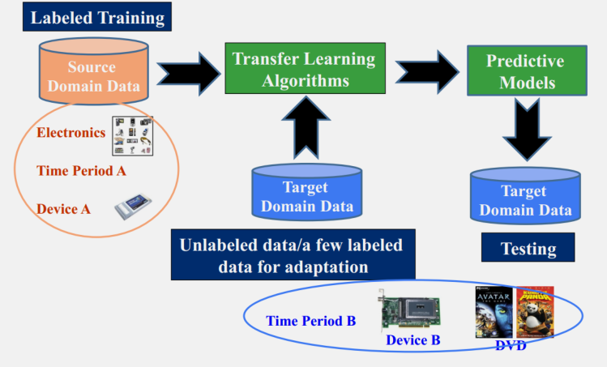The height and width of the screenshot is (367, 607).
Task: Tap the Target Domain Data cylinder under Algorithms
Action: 306,195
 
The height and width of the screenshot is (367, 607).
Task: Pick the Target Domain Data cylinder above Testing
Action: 525,199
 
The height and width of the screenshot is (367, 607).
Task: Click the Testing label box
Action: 528,249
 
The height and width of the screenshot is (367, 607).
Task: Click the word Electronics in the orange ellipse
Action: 71,132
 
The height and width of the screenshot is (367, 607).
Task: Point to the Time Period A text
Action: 81,171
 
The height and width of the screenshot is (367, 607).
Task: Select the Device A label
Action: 63,208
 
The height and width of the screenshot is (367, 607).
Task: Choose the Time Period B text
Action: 310,321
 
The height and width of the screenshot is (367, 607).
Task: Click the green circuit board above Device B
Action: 410,309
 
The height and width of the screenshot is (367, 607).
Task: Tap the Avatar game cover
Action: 493,312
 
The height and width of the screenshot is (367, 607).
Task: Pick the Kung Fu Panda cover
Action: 535,312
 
